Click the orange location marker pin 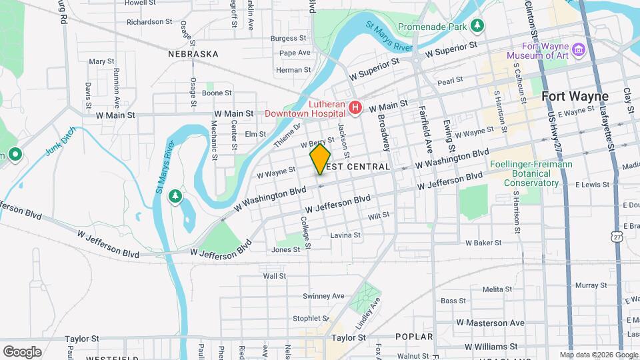320,159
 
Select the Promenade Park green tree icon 477,26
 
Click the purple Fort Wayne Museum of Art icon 579,50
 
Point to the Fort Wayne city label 575,96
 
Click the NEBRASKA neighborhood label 193,53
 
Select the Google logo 22,351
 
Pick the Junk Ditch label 61,141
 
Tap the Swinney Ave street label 323,296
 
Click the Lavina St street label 345,235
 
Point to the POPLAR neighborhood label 413,337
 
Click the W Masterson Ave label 490,323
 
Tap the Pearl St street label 450,81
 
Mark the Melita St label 497,289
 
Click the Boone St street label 217,93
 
